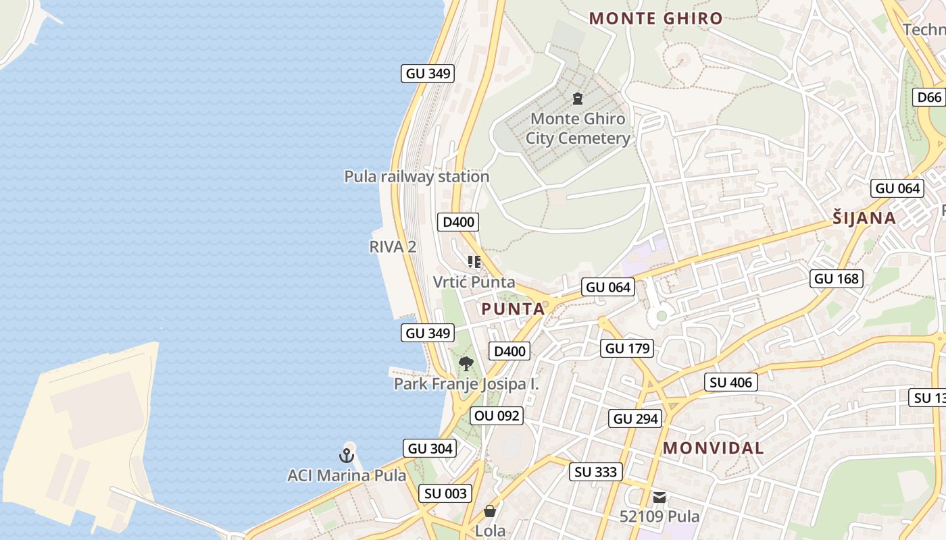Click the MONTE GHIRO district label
click(655, 18)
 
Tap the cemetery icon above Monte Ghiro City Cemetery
click(577, 99)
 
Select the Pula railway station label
click(416, 177)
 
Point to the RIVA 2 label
click(393, 247)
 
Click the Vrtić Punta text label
click(474, 282)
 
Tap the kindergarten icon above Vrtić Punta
click(474, 262)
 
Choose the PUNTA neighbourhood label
click(512, 309)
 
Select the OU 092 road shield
click(497, 416)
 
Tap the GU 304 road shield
click(430, 448)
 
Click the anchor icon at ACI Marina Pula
click(347, 456)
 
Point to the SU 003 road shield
click(446, 493)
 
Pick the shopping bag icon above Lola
click(490, 511)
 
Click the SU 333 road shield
click(595, 472)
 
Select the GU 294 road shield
click(635, 418)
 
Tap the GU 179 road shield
click(628, 348)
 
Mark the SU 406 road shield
click(730, 382)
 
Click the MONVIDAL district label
click(713, 448)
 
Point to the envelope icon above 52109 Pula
click(659, 497)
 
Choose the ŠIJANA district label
click(864, 218)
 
